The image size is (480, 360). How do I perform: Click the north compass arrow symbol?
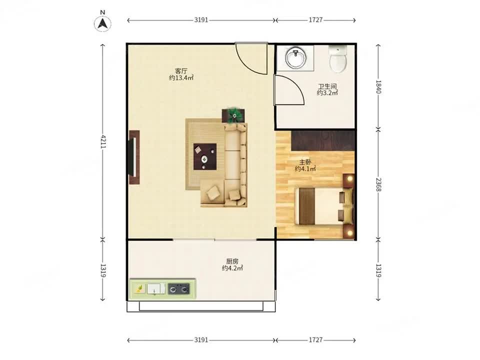tap(102, 23)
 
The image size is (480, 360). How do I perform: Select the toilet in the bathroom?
tap(338, 59)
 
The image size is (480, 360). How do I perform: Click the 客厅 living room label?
tap(181, 70)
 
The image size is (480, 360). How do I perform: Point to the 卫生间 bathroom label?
tap(327, 86)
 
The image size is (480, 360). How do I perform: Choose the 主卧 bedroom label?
tap(305, 162)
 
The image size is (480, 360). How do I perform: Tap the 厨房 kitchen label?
tap(232, 261)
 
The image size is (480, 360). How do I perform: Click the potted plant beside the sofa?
tap(234, 115)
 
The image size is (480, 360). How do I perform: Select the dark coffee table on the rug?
tap(205, 156)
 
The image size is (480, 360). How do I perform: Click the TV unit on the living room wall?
tap(134, 157)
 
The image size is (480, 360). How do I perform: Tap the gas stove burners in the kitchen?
tap(178, 288)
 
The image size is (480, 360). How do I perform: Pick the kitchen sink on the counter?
tap(156, 288)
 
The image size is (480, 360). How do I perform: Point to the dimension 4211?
tap(103, 141)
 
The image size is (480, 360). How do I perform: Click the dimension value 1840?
tap(378, 87)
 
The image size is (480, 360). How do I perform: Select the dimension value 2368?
tap(378, 184)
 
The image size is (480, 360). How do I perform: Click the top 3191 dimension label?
tap(201, 20)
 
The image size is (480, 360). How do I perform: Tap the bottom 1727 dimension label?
tap(315, 340)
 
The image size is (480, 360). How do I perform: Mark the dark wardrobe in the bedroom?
tap(322, 140)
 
